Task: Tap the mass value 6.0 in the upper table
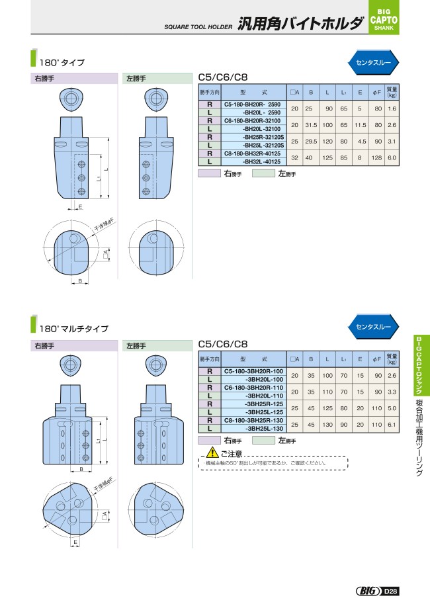pyautogui.click(x=392, y=157)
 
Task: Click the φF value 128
pyautogui.click(x=378, y=157)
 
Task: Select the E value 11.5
pyautogui.click(x=360, y=124)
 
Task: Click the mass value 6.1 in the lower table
pyautogui.click(x=392, y=424)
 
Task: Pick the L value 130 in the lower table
pyautogui.click(x=327, y=424)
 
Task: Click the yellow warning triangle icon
pyautogui.click(x=212, y=453)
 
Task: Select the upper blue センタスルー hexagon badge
pyautogui.click(x=373, y=62)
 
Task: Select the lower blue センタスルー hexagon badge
pyautogui.click(x=373, y=327)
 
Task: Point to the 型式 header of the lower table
pyautogui.click(x=253, y=359)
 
